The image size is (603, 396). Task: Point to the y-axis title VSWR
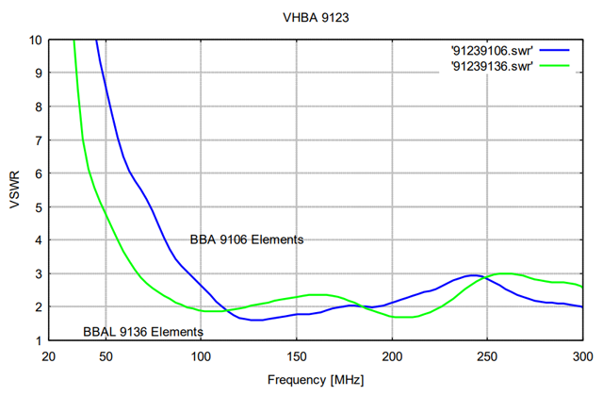(14, 190)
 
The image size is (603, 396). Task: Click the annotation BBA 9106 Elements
(247, 239)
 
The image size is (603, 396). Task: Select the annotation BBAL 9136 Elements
(142, 332)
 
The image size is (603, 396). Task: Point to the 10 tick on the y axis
(36, 41)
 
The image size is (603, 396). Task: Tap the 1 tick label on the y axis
(39, 341)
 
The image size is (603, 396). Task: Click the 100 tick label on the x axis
(201, 355)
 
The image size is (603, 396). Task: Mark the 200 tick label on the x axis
(392, 355)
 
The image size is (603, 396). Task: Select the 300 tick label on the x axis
(582, 355)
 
